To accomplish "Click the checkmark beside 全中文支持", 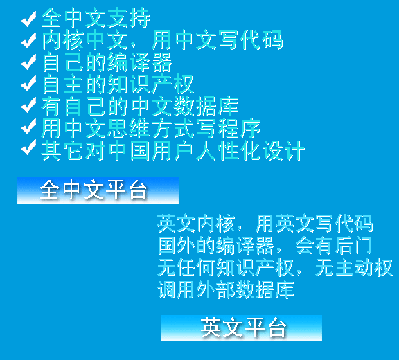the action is pos(28,19).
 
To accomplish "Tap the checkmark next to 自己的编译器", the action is pos(28,62).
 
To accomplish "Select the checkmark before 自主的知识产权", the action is pos(28,83).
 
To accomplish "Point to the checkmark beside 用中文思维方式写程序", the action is pos(28,127).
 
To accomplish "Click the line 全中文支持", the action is pos(96,18).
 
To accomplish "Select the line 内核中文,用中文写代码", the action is pos(162,40).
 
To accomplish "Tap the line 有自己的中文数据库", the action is pos(140,107).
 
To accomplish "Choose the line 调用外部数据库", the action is pos(226,290).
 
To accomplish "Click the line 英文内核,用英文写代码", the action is pos(265,224).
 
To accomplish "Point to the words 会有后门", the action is pos(334,246).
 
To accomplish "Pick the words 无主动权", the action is pos(354,268).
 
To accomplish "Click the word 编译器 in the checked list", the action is pos(139,62).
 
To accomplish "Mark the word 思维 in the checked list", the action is pos(129,128).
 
